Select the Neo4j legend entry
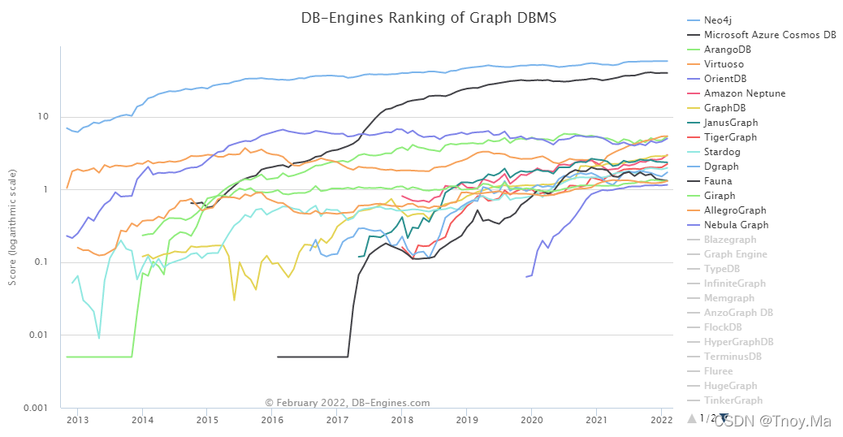tap(722, 20)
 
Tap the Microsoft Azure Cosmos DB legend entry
tap(768, 35)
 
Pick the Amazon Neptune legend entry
tap(745, 93)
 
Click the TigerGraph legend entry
tap(731, 137)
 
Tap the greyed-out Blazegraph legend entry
tap(730, 240)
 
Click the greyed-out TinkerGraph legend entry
tap(733, 400)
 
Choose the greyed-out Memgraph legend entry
tap(729, 298)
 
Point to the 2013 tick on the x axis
tap(77, 419)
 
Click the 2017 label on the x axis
tap(336, 419)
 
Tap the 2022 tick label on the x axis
tap(660, 419)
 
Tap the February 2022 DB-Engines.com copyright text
tap(348, 402)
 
